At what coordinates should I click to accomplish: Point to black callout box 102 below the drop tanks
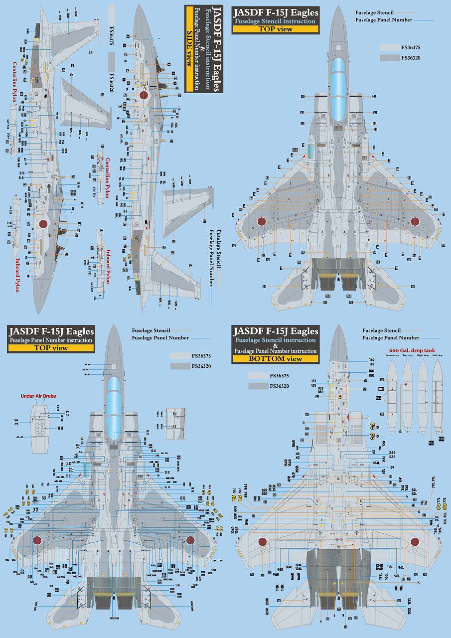pyautogui.click(x=431, y=442)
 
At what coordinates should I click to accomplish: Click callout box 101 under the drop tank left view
pyautogui.click(x=441, y=439)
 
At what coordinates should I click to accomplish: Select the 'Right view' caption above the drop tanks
pyautogui.click(x=423, y=355)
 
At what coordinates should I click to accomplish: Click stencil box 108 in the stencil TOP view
pyautogui.click(x=295, y=150)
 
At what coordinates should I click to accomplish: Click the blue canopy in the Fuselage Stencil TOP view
pyautogui.click(x=338, y=88)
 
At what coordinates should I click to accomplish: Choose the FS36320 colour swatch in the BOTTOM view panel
pyautogui.click(x=258, y=386)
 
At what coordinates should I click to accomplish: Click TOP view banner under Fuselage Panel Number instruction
pyautogui.click(x=51, y=347)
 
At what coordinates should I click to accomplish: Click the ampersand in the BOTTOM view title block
pyautogui.click(x=275, y=345)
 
